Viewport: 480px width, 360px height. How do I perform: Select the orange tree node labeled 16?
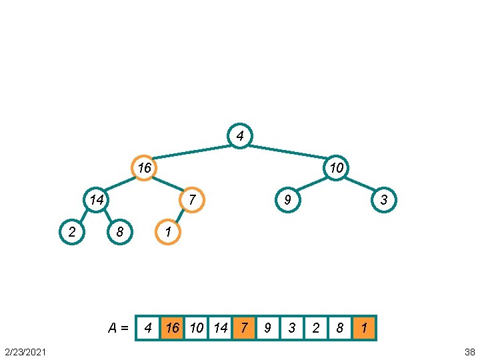coord(144,167)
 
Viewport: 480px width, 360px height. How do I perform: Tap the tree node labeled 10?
coord(337,167)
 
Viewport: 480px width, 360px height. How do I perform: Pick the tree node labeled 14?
coord(97,199)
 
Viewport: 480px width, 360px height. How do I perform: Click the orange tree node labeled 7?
coord(191,199)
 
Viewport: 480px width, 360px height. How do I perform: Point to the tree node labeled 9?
coord(287,199)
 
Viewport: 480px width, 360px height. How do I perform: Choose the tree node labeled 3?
coord(383,199)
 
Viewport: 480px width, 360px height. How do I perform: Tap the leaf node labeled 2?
coord(71,232)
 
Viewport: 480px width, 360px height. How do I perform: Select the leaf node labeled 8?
coord(120,232)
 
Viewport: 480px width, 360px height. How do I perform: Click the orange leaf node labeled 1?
coord(168,232)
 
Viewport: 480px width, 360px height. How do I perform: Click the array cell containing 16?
coord(172,328)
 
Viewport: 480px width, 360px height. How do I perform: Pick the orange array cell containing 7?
coord(244,328)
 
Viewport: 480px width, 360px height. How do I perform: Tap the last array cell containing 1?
coord(365,328)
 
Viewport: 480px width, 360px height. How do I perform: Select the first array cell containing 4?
coord(148,328)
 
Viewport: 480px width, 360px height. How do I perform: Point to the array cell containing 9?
coord(268,328)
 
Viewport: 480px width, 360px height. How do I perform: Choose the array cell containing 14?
coord(220,328)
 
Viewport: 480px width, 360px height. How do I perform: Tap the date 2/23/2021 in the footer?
coord(25,351)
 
